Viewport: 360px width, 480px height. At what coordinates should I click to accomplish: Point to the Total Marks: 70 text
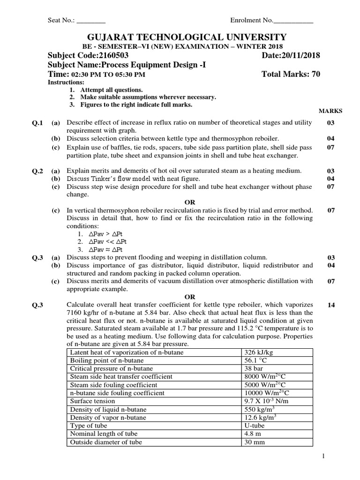291,75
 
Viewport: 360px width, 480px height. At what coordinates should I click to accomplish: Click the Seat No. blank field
91,21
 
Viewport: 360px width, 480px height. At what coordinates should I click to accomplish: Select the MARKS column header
330,111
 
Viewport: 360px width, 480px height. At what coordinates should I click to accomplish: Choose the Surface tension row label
92,401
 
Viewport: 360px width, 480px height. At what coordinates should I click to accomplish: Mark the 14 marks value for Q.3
331,305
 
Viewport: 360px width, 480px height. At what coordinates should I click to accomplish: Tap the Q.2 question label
37,171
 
